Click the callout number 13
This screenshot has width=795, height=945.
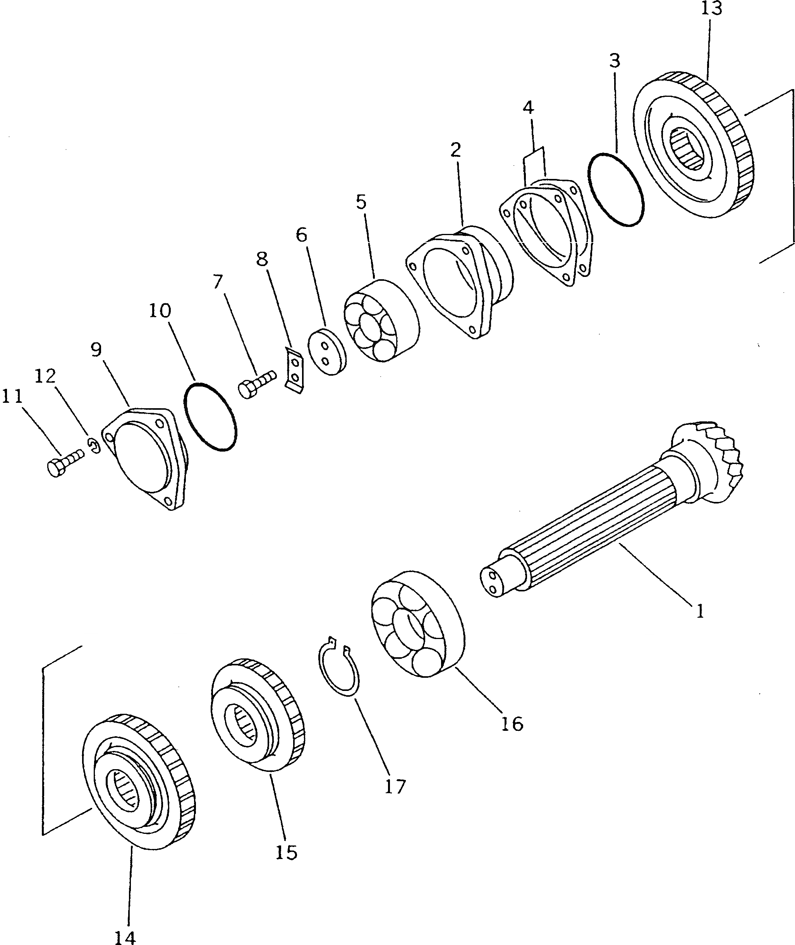pyautogui.click(x=712, y=9)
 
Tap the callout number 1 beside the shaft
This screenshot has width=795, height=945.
pyautogui.click(x=699, y=612)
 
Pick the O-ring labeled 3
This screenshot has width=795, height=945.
pyautogui.click(x=616, y=190)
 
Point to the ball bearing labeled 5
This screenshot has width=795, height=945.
pyautogui.click(x=381, y=320)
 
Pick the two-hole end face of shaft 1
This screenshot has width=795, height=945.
pyautogui.click(x=492, y=584)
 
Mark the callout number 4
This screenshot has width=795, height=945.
pyautogui.click(x=528, y=108)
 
